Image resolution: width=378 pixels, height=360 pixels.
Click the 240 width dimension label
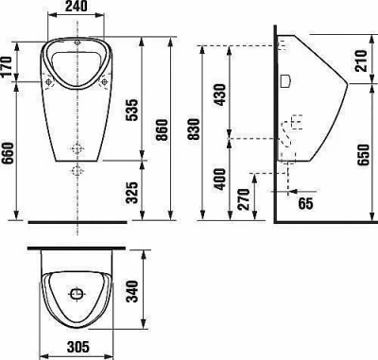click(x=76, y=7)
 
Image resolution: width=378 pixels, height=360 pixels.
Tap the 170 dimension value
click(x=6, y=67)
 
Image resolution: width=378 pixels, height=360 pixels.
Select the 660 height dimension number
click(x=8, y=153)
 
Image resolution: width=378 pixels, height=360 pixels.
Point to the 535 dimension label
click(x=131, y=110)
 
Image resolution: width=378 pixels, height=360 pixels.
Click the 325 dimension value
click(x=131, y=192)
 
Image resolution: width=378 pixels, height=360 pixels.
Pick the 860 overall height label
click(x=162, y=129)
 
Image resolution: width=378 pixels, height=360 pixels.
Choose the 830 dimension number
click(x=193, y=129)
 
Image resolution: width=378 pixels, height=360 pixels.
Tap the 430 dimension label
click(x=219, y=95)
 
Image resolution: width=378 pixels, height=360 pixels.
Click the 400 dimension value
click(x=219, y=180)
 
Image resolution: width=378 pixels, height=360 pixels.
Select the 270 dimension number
click(x=244, y=199)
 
